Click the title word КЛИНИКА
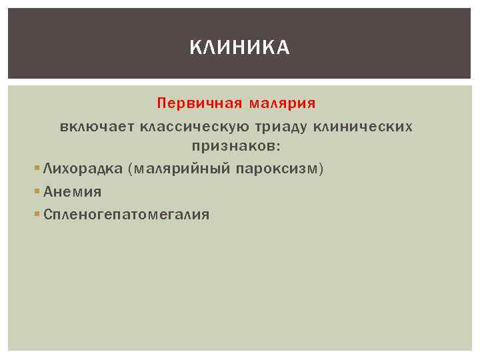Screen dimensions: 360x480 click(x=240, y=47)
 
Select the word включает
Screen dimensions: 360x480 click(x=96, y=126)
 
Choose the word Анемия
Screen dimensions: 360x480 click(x=73, y=192)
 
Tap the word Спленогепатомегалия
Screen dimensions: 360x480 click(x=126, y=215)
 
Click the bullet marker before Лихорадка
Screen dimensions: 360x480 click(x=37, y=169)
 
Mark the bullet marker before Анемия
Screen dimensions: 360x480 click(x=37, y=192)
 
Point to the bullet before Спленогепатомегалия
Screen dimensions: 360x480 click(x=37, y=214)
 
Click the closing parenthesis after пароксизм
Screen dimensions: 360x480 click(x=321, y=169)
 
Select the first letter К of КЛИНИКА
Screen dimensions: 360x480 click(x=194, y=47)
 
